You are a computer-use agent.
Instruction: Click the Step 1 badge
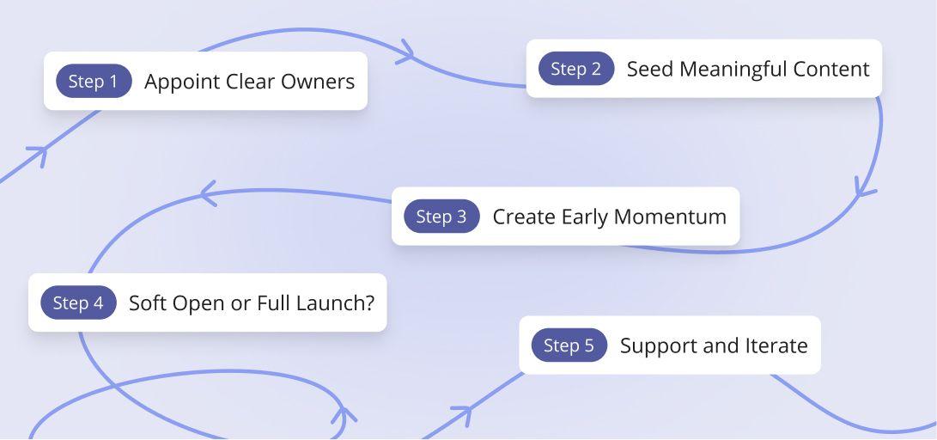coord(94,81)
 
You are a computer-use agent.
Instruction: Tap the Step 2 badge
coord(576,68)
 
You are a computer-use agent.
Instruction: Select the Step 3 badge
coord(441,216)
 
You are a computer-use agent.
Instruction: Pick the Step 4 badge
coord(78,302)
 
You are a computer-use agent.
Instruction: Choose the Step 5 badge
coord(569,345)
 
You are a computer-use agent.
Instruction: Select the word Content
coord(831,69)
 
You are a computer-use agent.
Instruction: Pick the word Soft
coord(149,302)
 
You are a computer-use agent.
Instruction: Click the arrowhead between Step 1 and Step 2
coord(406,52)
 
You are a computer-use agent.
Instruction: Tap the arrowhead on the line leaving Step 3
coord(208,193)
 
